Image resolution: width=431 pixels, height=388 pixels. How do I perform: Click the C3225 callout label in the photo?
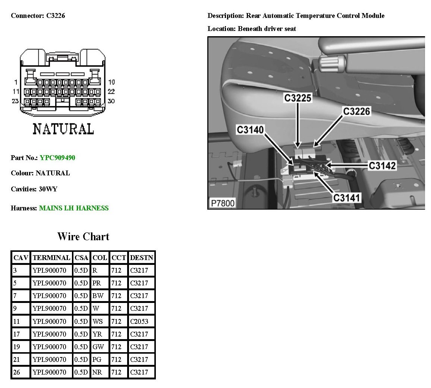coord(298,98)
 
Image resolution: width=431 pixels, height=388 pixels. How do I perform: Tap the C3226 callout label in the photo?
coord(356,111)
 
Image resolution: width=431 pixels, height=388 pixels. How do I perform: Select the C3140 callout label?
coord(250,130)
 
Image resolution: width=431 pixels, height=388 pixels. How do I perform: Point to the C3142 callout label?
coord(382,165)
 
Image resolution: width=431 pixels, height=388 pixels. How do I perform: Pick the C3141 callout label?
coord(347,197)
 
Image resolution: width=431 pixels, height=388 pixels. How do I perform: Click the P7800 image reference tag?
coord(223,203)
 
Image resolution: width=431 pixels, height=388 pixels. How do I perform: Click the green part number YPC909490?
coord(57,158)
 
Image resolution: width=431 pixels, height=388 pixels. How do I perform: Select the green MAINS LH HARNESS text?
coord(74,208)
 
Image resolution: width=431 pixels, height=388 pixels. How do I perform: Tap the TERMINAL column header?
coord(51,258)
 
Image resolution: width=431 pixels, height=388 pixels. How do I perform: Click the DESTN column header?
coord(141,258)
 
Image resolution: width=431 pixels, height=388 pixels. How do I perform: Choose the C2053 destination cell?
coord(139,321)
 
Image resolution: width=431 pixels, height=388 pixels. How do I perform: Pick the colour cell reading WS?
coord(97,321)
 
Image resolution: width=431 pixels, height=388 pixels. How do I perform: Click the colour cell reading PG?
coord(97,359)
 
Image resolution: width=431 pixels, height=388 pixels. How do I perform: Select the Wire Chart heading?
coord(83,237)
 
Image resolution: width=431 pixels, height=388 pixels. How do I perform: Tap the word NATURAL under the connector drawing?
coord(63,129)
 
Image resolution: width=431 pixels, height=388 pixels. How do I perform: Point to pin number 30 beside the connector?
coord(111,101)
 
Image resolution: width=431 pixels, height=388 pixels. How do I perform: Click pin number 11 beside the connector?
coord(16,91)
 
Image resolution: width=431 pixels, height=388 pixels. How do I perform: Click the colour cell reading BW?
coord(98,296)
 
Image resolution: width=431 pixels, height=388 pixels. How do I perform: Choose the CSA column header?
coord(81,258)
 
